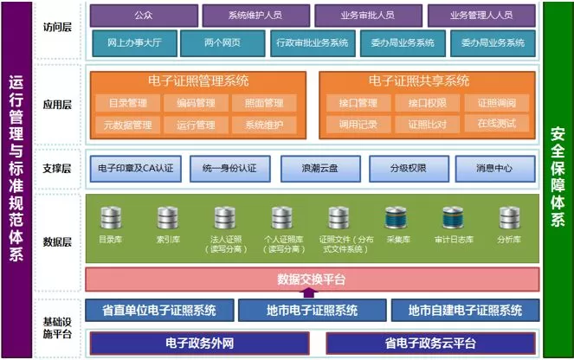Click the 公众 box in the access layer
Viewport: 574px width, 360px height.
tap(143, 16)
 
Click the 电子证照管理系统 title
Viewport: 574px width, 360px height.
tap(199, 81)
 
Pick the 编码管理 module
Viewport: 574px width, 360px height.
tap(196, 104)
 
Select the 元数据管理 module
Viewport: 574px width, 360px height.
tap(127, 125)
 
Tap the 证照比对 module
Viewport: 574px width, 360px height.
tap(421, 125)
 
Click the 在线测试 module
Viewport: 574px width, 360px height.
tap(490, 125)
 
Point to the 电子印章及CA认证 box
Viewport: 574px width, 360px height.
tap(131, 168)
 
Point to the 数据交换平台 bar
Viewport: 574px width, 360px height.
tap(312, 279)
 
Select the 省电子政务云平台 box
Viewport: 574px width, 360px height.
tap(430, 343)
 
